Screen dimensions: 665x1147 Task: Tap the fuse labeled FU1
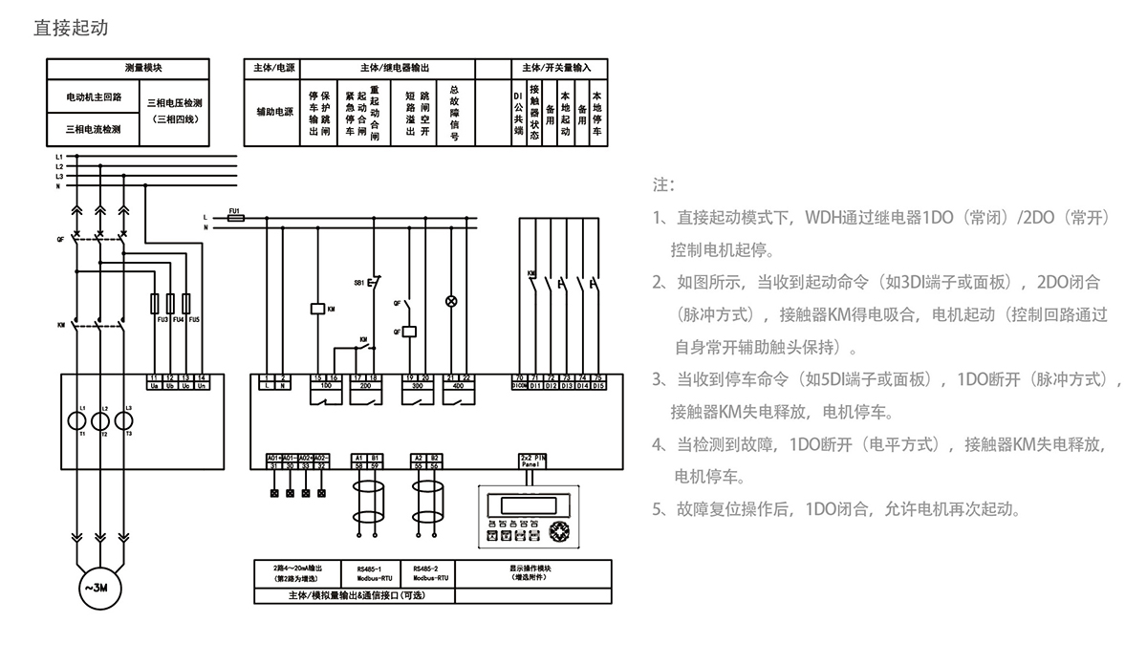tap(233, 218)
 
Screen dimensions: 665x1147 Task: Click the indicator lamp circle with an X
tap(453, 301)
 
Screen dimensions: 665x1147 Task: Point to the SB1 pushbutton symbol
tap(373, 284)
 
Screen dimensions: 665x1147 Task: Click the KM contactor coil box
tap(317, 309)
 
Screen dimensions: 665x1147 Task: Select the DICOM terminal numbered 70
tap(519, 382)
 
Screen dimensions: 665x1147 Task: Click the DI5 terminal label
tap(598, 387)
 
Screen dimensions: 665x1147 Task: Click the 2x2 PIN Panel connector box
tap(532, 460)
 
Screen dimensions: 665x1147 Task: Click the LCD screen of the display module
tap(523, 504)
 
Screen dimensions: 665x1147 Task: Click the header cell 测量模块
tap(143, 68)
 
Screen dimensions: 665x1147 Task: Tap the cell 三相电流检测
tap(92, 128)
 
